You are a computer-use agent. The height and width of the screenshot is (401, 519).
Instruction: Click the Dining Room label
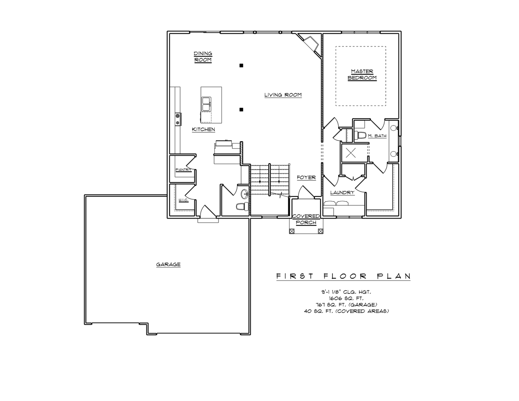[x=203, y=57]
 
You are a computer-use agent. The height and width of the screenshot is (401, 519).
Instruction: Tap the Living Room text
[x=283, y=95]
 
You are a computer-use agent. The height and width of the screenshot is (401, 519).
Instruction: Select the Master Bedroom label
[x=362, y=75]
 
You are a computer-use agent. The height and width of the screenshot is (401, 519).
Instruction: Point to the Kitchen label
[x=203, y=130]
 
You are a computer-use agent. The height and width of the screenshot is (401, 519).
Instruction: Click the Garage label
[x=168, y=265]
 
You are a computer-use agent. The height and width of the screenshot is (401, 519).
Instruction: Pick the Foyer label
[x=306, y=177]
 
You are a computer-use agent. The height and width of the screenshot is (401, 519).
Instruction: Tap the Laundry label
[x=342, y=192]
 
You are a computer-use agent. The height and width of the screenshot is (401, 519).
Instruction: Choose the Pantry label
[x=182, y=170]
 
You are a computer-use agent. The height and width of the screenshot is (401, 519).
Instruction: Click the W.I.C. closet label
[x=183, y=200]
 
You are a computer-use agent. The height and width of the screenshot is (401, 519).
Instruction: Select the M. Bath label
[x=377, y=136]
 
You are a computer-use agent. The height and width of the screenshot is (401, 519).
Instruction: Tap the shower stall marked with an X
[x=352, y=152]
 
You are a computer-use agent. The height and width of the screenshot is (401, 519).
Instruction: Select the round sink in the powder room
[x=245, y=194]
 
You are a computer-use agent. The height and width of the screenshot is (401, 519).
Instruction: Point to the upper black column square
[x=241, y=65]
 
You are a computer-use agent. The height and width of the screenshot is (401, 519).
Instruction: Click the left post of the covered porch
[x=292, y=231]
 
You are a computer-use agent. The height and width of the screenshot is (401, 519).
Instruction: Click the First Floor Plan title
[x=343, y=276]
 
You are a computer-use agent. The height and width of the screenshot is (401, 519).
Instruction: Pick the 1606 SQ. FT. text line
[x=346, y=298]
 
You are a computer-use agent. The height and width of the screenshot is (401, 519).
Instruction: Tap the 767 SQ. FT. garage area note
[x=346, y=304]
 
